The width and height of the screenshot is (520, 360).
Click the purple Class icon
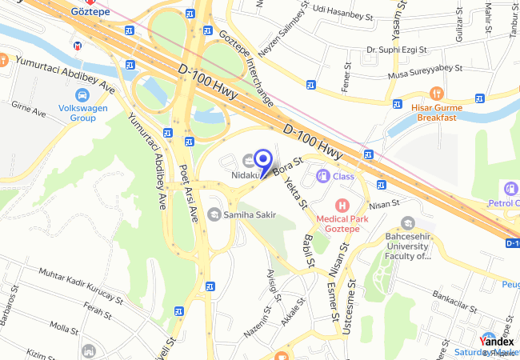tap(323, 176)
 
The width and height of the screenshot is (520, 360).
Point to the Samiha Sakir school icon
tap(214, 214)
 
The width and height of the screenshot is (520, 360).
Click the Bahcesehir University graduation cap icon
tap(408, 223)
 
